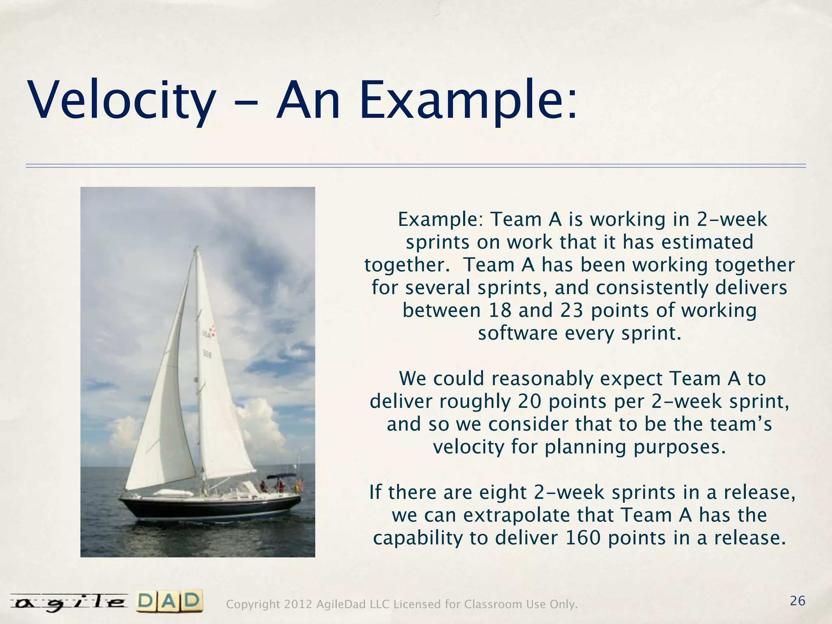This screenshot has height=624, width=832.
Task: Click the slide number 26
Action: point(797,601)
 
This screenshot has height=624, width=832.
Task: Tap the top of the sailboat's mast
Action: point(197,248)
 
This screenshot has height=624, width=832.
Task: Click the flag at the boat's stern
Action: point(301,484)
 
